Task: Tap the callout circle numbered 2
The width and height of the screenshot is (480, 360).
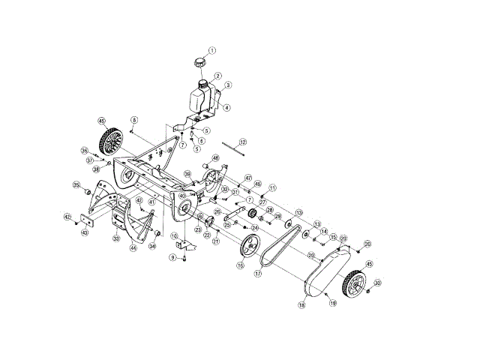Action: (x=217, y=76)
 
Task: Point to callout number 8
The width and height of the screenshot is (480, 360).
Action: (x=134, y=120)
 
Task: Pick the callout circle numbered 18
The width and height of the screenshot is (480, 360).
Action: (x=301, y=306)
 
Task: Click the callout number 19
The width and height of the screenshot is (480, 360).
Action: (x=332, y=304)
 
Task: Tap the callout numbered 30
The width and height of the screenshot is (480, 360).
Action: (x=378, y=283)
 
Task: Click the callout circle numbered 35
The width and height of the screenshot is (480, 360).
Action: (x=76, y=185)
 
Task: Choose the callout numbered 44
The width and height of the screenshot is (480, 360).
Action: (x=133, y=248)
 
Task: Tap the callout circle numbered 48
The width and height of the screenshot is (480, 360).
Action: (x=215, y=158)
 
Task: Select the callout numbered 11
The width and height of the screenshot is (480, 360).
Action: (x=272, y=187)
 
